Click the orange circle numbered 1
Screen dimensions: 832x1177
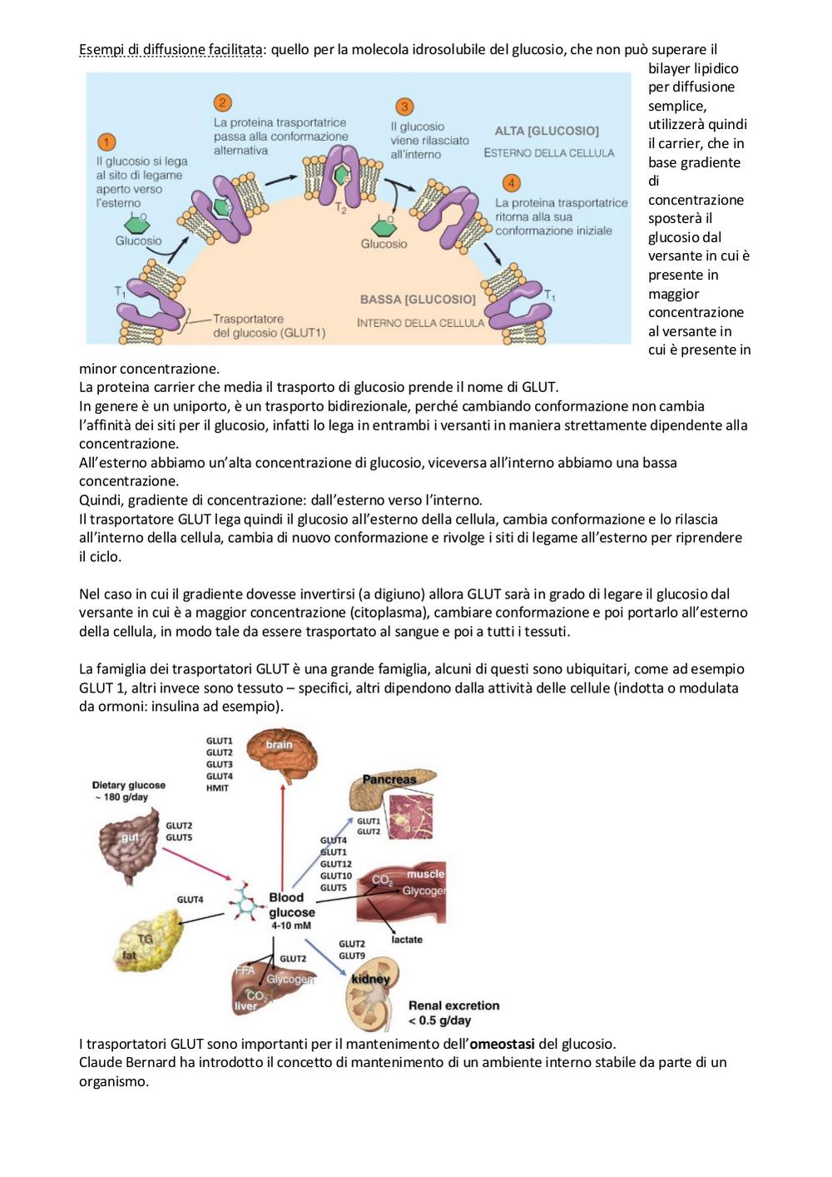point(106,142)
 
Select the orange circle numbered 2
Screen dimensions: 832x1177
point(223,102)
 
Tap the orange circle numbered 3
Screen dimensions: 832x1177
point(404,107)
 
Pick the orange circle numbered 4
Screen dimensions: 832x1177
point(511,183)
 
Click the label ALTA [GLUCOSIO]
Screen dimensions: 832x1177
point(547,131)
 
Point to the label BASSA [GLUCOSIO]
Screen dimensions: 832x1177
point(418,300)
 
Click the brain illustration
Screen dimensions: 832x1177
point(282,752)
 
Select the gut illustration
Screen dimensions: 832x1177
point(129,846)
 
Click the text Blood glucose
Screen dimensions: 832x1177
point(291,905)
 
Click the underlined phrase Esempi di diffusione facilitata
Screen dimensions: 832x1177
point(171,49)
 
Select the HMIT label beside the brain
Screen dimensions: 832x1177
point(217,787)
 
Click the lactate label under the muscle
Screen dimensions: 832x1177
point(407,939)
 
